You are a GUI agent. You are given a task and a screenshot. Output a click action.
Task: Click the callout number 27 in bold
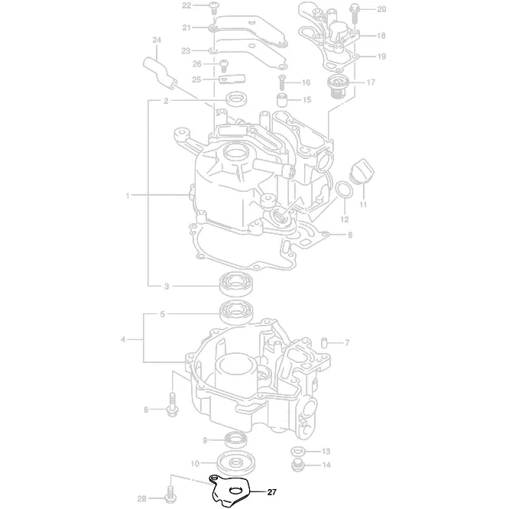(x=271, y=491)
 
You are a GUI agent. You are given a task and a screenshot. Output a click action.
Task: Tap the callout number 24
(x=157, y=40)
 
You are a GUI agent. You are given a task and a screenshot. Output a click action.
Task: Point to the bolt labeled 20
(x=356, y=11)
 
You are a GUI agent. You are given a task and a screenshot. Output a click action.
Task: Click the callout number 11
(x=364, y=205)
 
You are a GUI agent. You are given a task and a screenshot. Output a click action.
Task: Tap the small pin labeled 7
(x=326, y=342)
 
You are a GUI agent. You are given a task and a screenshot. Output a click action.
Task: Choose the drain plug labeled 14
(x=297, y=463)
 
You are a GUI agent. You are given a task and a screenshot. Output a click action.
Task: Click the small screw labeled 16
(x=282, y=82)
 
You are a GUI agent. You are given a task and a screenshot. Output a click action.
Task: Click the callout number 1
(x=128, y=196)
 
